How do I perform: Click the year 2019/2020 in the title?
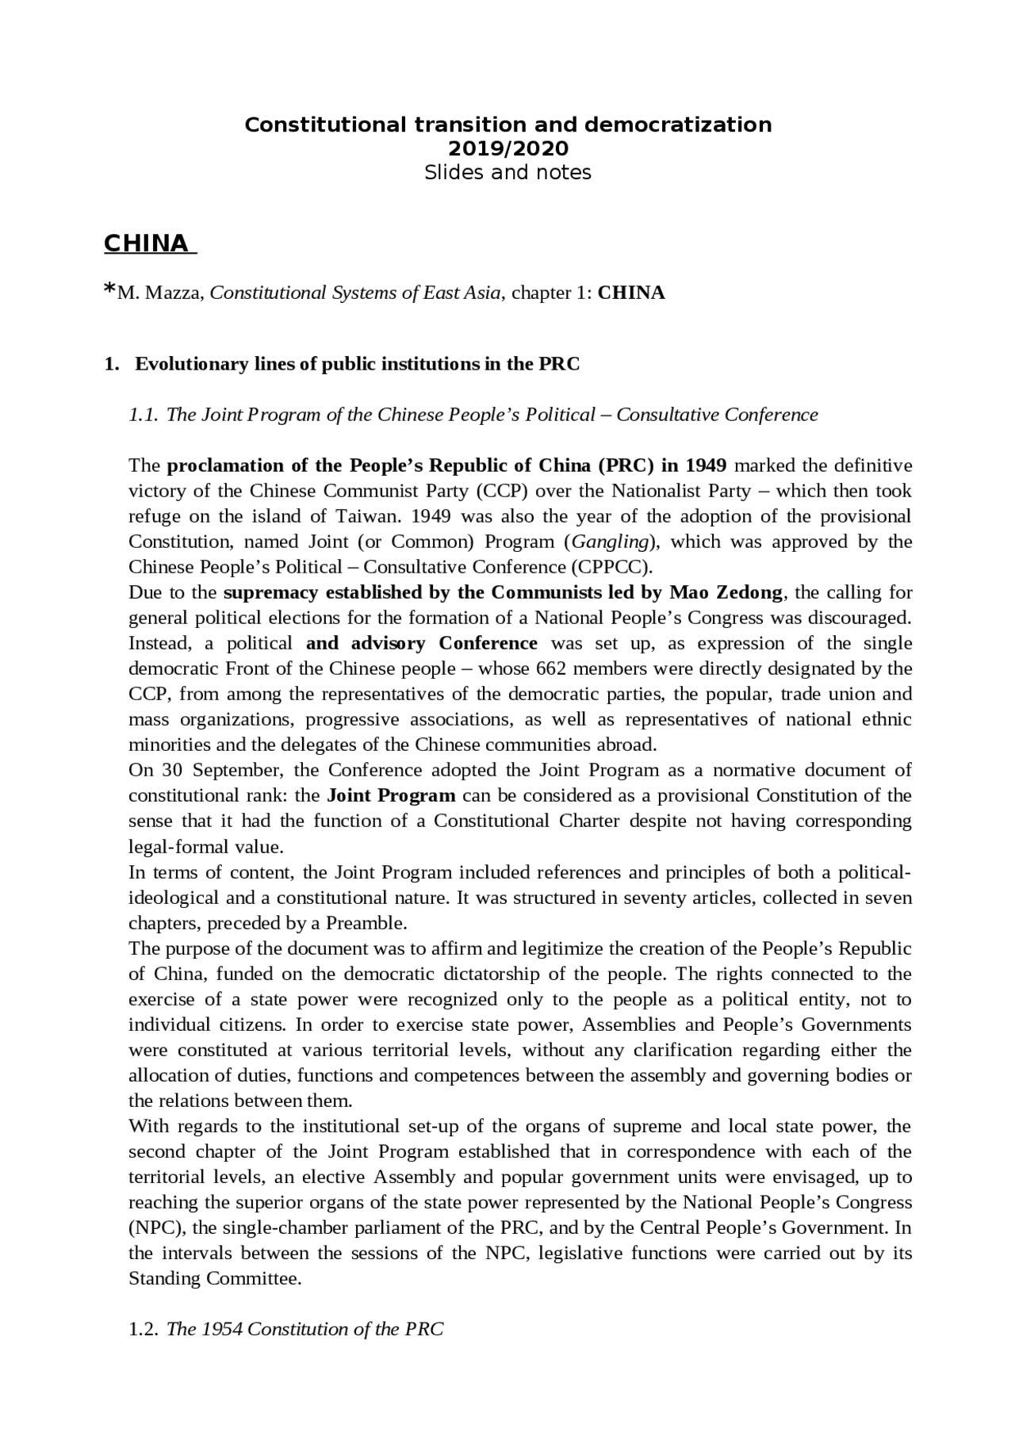pyautogui.click(x=507, y=148)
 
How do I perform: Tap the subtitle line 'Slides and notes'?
pyautogui.click(x=507, y=172)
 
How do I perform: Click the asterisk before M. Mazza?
pyautogui.click(x=109, y=290)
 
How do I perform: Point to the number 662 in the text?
pyautogui.click(x=550, y=668)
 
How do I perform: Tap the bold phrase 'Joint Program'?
pyautogui.click(x=391, y=795)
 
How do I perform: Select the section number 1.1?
pyautogui.click(x=144, y=415)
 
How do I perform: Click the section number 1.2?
pyautogui.click(x=144, y=1329)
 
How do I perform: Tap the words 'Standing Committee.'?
pyautogui.click(x=215, y=1278)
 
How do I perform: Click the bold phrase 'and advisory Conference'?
pyautogui.click(x=421, y=643)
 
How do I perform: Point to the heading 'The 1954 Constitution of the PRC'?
pyautogui.click(x=305, y=1329)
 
